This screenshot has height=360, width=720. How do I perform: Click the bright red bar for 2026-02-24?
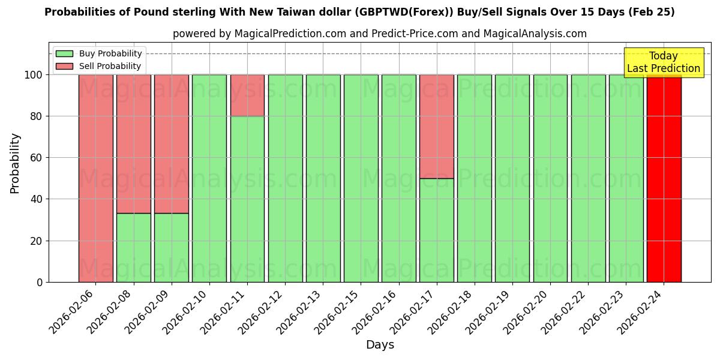point(664,178)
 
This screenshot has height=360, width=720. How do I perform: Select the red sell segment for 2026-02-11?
point(247,95)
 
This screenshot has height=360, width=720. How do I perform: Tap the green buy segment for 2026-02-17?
point(436,230)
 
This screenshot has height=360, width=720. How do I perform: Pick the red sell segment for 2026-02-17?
point(436,126)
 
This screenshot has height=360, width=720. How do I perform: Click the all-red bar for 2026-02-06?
point(95,178)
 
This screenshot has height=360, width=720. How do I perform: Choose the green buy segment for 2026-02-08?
point(133,247)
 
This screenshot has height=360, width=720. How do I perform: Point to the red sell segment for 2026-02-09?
point(171,143)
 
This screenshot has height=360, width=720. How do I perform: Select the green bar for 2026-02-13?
point(323,178)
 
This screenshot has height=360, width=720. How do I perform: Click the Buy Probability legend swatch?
point(64,54)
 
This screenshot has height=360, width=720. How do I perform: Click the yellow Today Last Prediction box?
point(664,62)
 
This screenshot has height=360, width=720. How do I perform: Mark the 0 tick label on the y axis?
point(40,282)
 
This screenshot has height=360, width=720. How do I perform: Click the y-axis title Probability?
point(15,163)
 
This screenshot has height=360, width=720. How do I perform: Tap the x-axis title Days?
point(380,345)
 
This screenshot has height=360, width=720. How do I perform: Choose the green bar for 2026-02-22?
point(588,178)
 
